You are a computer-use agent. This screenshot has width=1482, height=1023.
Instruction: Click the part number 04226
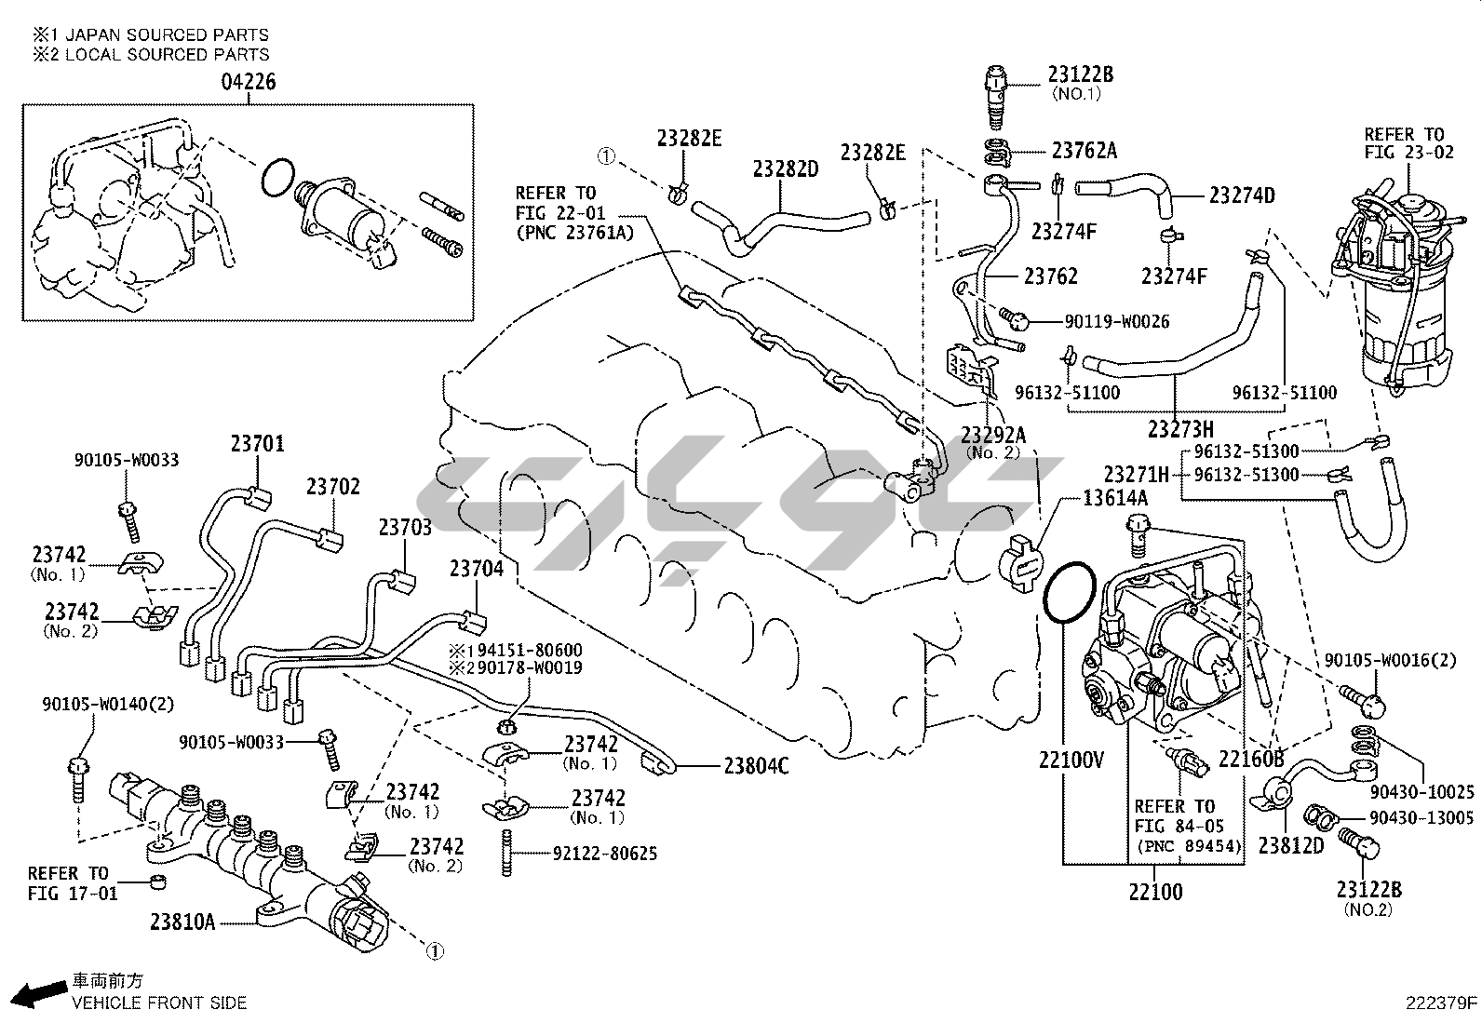pyautogui.click(x=249, y=82)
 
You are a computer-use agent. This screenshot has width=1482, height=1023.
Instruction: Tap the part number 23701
pyautogui.click(x=257, y=444)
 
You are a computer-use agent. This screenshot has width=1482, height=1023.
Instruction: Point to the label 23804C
pyautogui.click(x=756, y=766)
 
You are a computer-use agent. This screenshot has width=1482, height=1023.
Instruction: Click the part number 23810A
pyautogui.click(x=182, y=922)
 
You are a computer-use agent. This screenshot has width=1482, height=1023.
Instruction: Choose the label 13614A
pyautogui.click(x=1114, y=499)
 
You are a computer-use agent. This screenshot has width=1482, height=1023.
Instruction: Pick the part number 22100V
pyautogui.click(x=1071, y=761)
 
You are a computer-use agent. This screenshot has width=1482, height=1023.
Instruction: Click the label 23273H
pyautogui.click(x=1180, y=429)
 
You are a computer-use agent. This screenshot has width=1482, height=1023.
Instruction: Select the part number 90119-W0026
pyautogui.click(x=1116, y=322)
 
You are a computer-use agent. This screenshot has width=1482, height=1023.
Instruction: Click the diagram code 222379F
pyautogui.click(x=1442, y=1004)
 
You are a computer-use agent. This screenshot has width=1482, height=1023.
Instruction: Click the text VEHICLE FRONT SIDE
pyautogui.click(x=160, y=1003)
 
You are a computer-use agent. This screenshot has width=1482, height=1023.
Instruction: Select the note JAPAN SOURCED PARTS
pyautogui.click(x=163, y=35)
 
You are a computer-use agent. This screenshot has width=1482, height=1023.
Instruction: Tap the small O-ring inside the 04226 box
pyautogui.click(x=278, y=178)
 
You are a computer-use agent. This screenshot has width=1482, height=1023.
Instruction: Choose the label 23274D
pyautogui.click(x=1242, y=195)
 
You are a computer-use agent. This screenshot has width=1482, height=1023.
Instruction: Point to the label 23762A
pyautogui.click(x=1084, y=150)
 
